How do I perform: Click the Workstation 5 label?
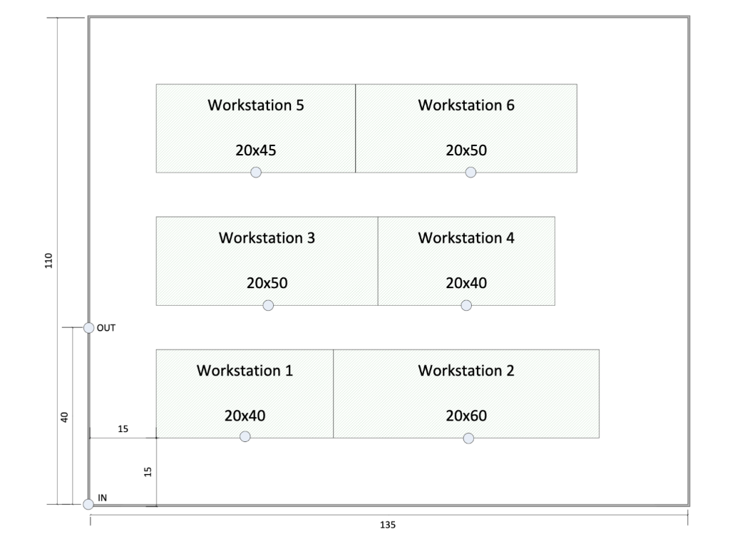(x=255, y=106)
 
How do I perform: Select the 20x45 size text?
(x=255, y=150)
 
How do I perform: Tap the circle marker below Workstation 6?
(x=470, y=172)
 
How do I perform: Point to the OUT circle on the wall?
(x=89, y=328)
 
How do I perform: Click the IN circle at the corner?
(x=88, y=505)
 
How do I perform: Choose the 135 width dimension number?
(x=388, y=525)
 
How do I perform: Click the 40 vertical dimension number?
(x=63, y=417)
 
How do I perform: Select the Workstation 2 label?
(x=466, y=371)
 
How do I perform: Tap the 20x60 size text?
(x=466, y=416)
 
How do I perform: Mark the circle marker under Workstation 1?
(x=245, y=436)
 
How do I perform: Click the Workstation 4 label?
(x=466, y=237)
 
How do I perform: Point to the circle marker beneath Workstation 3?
(x=268, y=305)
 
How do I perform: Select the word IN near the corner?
(x=102, y=498)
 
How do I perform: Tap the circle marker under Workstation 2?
(x=468, y=438)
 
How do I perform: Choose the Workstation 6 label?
(x=466, y=106)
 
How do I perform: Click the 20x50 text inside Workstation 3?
(x=267, y=283)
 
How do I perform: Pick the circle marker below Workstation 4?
(x=466, y=305)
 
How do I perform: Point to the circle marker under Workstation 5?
(x=256, y=172)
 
